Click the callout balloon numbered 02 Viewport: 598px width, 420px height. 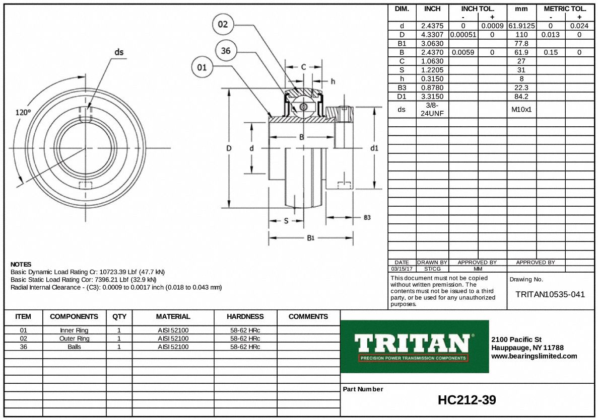(223, 24)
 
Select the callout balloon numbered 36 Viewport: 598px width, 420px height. (226, 50)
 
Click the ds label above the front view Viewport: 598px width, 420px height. (119, 52)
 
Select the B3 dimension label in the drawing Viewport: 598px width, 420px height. (367, 217)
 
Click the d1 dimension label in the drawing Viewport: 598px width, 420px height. (374, 148)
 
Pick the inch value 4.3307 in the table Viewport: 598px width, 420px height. (432, 35)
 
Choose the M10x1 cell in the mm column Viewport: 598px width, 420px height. (521, 109)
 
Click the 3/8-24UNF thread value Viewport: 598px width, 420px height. (432, 109)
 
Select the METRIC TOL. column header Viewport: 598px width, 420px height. (565, 9)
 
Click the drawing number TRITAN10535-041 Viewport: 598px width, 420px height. (550, 294)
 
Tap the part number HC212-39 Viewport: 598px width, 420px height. (467, 400)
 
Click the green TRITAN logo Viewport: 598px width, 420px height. (415, 346)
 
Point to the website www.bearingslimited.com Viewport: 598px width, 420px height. (534, 356)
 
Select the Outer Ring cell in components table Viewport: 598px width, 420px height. (74, 339)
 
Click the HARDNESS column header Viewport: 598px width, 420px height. (245, 316)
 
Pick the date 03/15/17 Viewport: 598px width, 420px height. (402, 269)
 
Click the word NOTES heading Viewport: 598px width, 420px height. (21, 264)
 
